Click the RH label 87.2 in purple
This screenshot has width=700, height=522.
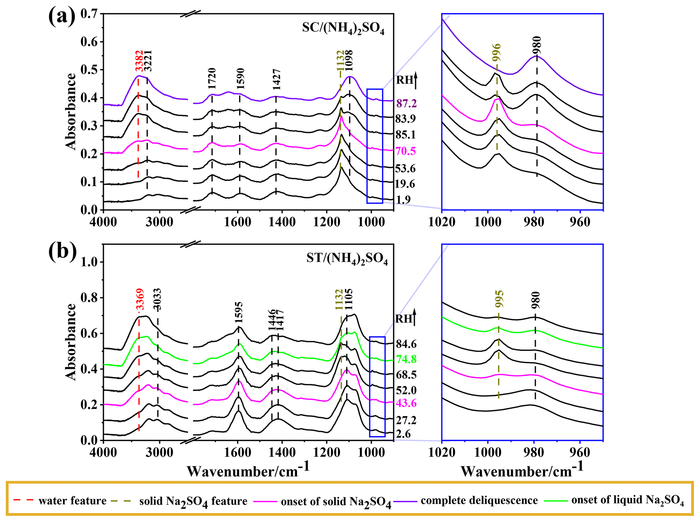coord(406,103)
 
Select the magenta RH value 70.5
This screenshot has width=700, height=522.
coord(405,151)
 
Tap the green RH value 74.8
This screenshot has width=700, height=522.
coord(406,359)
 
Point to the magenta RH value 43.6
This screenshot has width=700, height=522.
coord(406,403)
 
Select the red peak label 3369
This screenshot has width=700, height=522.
coord(140,299)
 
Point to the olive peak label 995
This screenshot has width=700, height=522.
coord(499,299)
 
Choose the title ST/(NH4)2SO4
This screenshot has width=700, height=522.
coord(347,259)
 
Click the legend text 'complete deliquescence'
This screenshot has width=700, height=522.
coord(479,501)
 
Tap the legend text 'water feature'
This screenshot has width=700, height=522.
coord(72,501)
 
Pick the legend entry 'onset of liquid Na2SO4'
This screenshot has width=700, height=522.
coord(627,501)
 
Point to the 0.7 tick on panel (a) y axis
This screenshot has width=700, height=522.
coord(89,14)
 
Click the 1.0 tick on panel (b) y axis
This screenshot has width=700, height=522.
coord(89,262)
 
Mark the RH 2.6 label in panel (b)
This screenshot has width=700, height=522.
coord(403,434)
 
